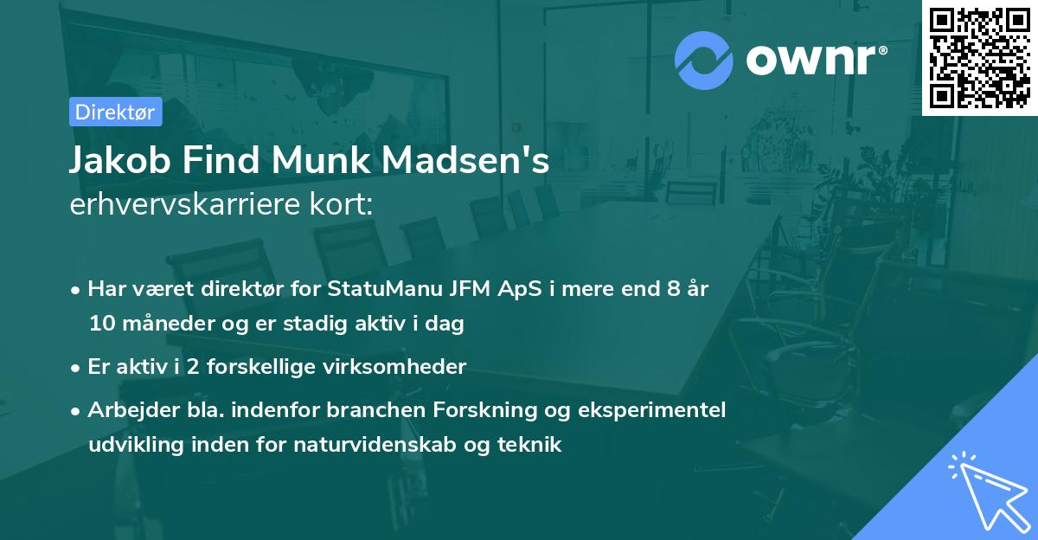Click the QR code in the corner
pyautogui.click(x=980, y=57)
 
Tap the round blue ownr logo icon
pyautogui.click(x=704, y=60)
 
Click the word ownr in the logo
pyautogui.click(x=813, y=60)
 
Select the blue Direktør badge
pyautogui.click(x=114, y=112)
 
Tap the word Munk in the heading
pyautogui.click(x=323, y=162)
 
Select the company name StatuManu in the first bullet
pyautogui.click(x=373, y=288)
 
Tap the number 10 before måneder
pyautogui.click(x=99, y=325)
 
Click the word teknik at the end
pyautogui.click(x=533, y=445)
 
